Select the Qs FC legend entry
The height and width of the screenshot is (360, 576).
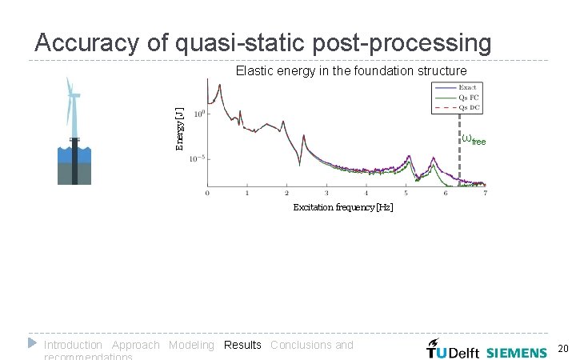[467, 97]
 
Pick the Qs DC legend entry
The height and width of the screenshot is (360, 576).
[467, 106]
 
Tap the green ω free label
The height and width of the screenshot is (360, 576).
[474, 139]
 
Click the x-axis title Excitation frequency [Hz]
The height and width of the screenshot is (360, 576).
[342, 208]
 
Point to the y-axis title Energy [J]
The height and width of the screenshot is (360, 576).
[180, 128]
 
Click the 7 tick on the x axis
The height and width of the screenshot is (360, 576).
[485, 194]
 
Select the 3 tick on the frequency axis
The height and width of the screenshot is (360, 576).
[326, 194]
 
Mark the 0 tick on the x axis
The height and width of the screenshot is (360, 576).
[207, 194]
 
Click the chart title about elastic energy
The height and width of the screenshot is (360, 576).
[351, 71]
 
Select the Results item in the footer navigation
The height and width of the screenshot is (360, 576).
[242, 345]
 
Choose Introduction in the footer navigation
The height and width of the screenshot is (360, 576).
[73, 345]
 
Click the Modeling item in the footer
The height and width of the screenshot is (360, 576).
[191, 345]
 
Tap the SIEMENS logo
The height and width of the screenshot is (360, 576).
[517, 352]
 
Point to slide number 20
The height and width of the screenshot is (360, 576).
[562, 349]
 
